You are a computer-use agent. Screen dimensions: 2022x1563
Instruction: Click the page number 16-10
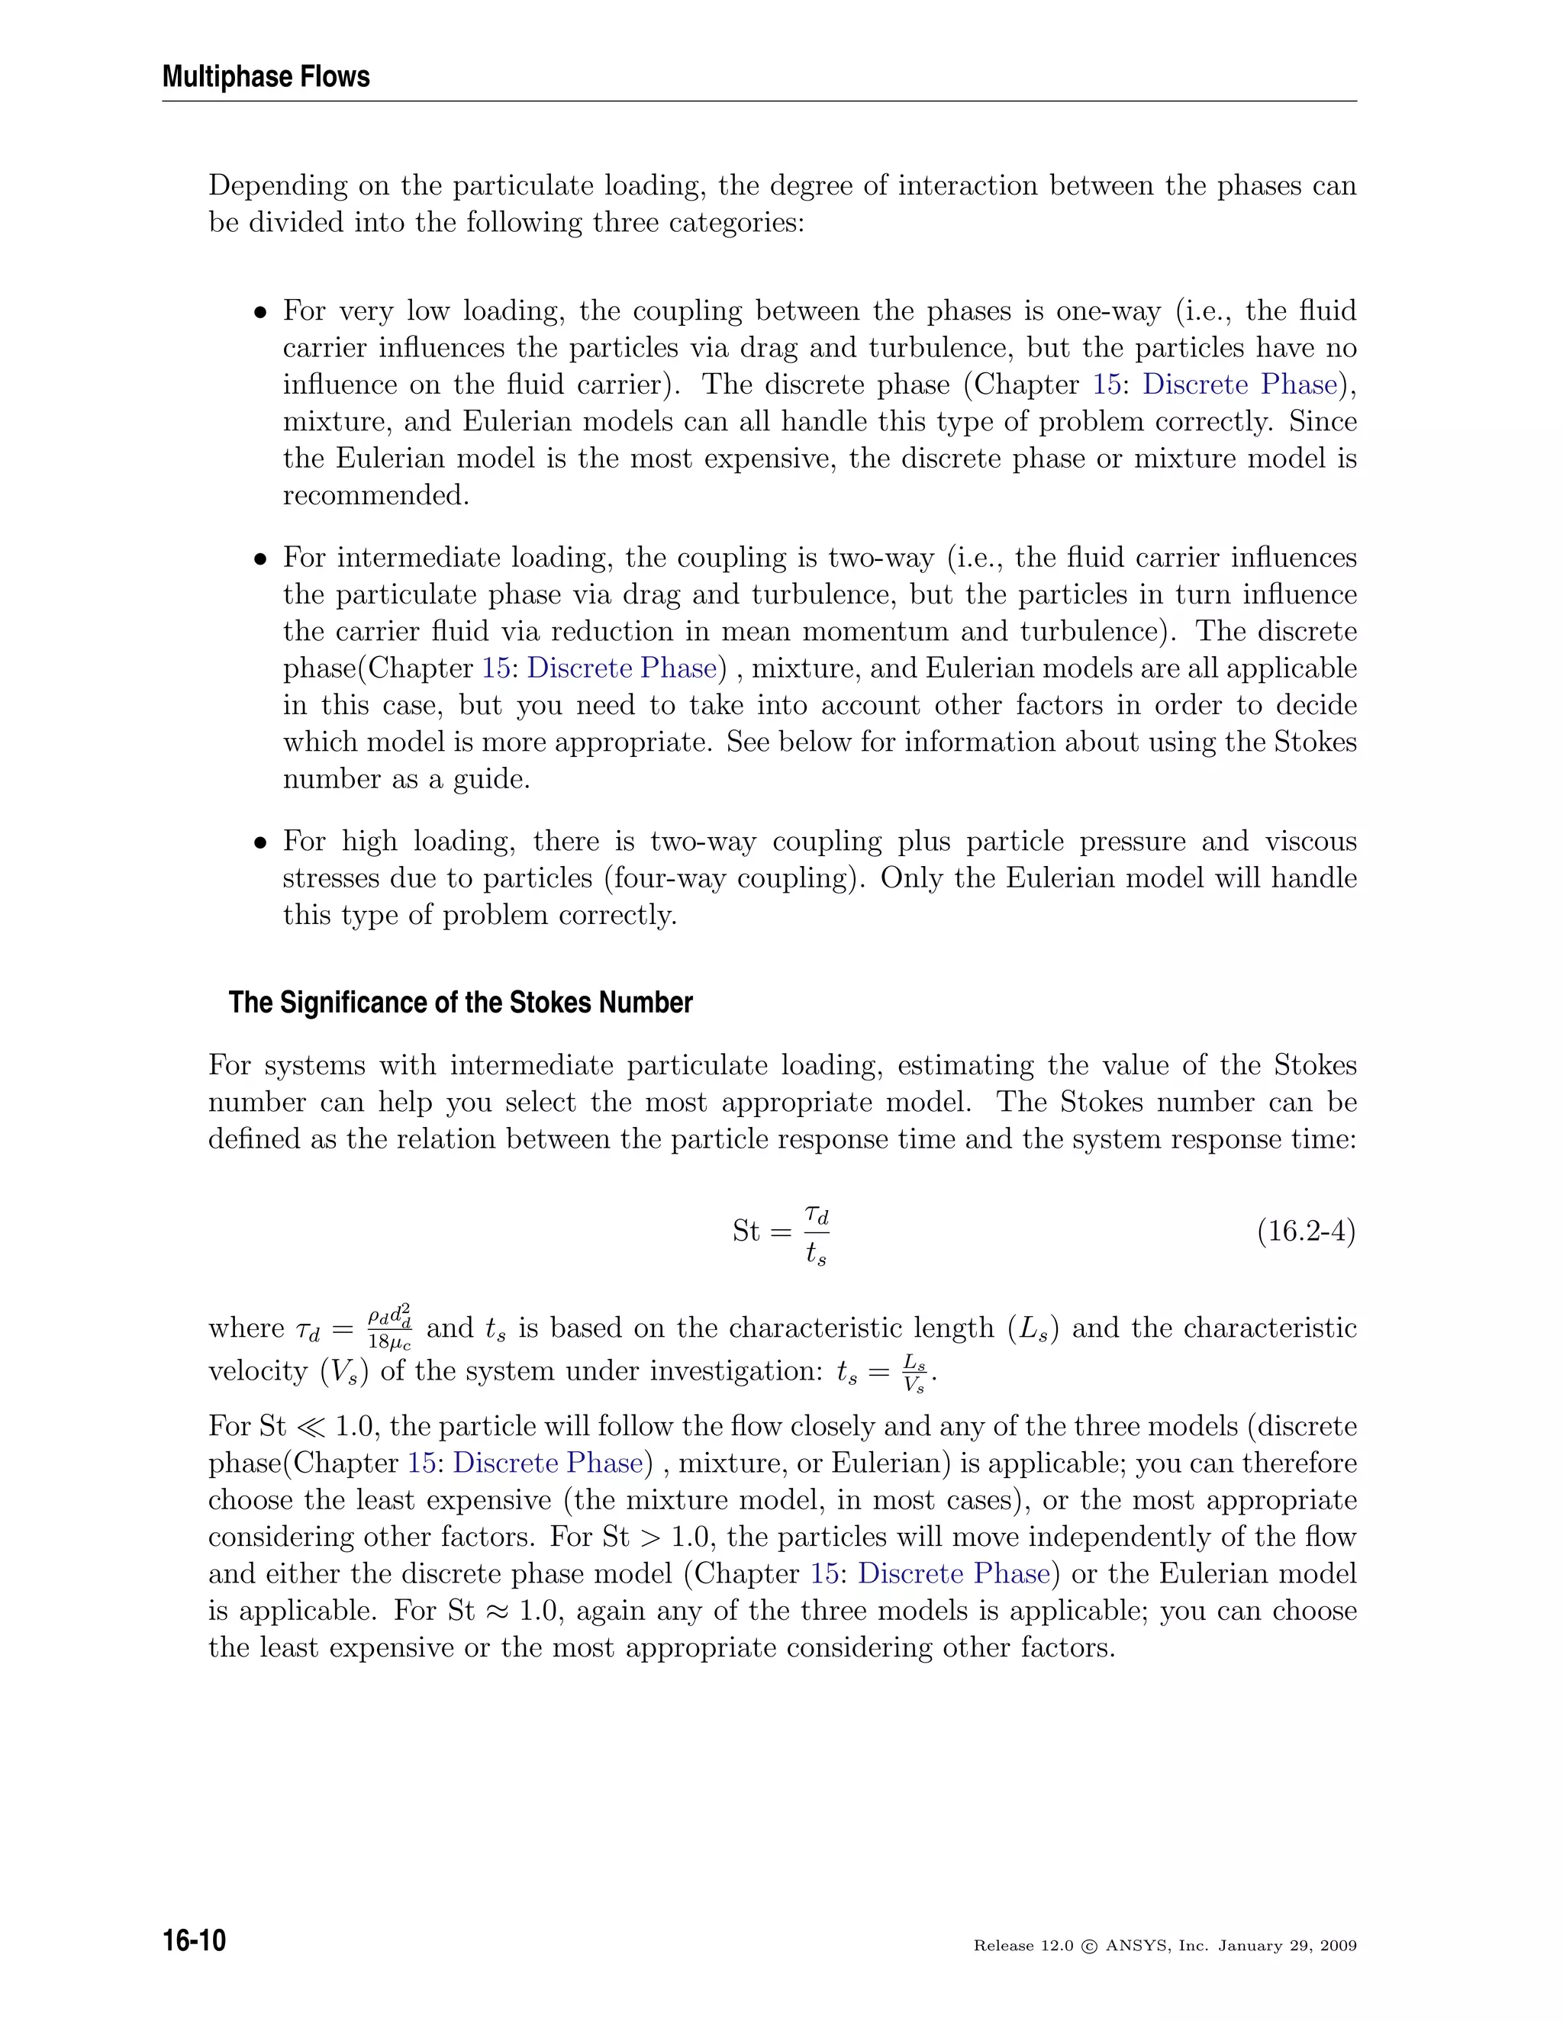[195, 1940]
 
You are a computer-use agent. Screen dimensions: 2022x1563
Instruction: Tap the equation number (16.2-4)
[1306, 1232]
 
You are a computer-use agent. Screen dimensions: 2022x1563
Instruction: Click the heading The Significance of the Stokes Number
[460, 1003]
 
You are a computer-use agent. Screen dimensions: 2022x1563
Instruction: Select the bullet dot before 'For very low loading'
[261, 312]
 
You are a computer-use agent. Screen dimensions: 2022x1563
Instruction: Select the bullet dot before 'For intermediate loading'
[261, 559]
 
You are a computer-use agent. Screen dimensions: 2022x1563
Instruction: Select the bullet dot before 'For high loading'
[261, 842]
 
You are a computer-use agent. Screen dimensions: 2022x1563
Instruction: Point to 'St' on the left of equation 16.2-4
[746, 1232]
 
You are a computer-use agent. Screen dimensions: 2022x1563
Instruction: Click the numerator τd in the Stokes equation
[816, 1213]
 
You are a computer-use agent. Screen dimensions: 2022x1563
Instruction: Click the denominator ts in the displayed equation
[816, 1254]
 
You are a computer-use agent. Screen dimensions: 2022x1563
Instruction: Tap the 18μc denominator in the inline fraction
[389, 1341]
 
